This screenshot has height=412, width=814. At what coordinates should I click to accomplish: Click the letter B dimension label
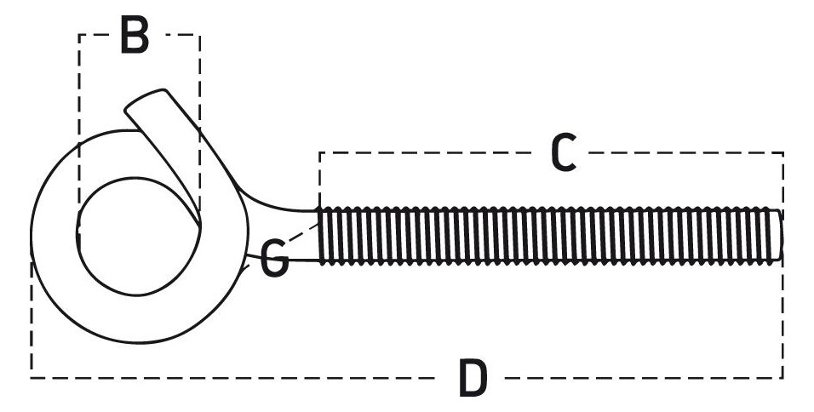coord(135,35)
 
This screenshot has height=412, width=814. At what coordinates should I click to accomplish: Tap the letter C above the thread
coord(564,152)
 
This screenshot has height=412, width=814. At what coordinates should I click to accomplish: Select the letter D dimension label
coord(473,378)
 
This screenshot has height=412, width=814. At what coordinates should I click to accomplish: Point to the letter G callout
coord(273,259)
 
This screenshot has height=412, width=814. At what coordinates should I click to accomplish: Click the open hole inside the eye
coord(138,236)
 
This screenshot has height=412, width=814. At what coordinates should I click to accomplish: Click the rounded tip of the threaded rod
coord(779,235)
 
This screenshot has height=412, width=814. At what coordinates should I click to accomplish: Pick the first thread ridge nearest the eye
coord(323,236)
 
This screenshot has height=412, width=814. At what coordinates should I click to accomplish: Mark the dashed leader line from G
coord(304,232)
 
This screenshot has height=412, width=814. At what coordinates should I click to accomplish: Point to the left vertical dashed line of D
coord(32,319)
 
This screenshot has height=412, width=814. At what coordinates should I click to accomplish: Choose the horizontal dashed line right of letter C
coord(685,152)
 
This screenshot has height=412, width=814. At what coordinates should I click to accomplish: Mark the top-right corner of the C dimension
coord(782,152)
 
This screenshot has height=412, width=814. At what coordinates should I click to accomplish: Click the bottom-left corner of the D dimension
coord(32,378)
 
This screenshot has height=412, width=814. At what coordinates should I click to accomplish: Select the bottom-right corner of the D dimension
coord(782,378)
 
